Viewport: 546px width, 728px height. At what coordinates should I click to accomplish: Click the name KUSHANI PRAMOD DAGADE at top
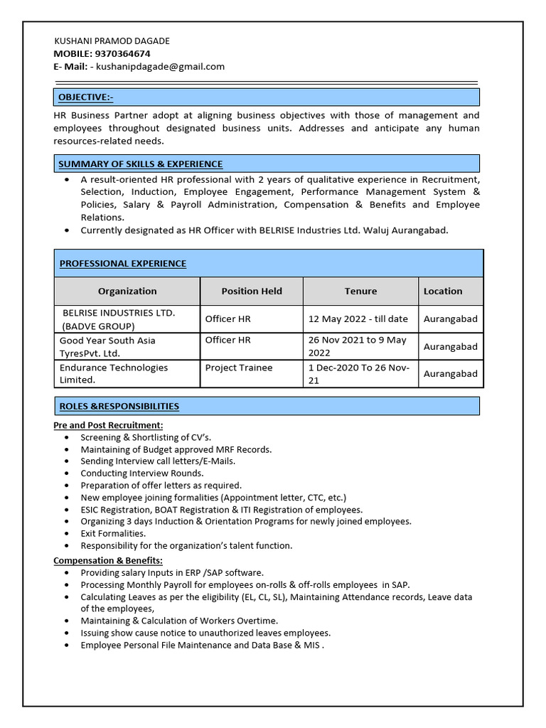112,41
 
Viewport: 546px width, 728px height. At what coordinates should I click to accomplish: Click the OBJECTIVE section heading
85,97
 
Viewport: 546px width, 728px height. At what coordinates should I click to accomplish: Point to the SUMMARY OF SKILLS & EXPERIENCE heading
140,164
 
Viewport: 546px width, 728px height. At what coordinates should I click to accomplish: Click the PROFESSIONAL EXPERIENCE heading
122,263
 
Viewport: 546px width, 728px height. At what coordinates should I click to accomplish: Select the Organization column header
127,291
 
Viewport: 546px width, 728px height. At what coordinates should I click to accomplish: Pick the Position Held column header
252,291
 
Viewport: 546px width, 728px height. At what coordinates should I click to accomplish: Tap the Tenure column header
360,291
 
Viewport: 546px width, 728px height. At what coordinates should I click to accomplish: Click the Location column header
443,291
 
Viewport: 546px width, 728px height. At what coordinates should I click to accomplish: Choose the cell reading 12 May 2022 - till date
358,318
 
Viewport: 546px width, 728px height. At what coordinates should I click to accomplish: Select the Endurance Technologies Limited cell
114,373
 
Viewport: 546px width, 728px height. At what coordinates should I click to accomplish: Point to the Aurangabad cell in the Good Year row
451,346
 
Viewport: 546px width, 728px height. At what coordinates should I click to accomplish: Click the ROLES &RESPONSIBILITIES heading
119,406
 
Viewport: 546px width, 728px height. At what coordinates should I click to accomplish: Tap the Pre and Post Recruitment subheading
108,425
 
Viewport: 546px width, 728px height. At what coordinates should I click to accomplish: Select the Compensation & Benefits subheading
108,560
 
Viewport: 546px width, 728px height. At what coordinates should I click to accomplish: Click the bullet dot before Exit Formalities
66,533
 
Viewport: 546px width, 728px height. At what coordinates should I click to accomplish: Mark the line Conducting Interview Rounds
141,473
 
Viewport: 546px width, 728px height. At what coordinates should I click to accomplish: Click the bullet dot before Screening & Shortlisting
66,437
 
